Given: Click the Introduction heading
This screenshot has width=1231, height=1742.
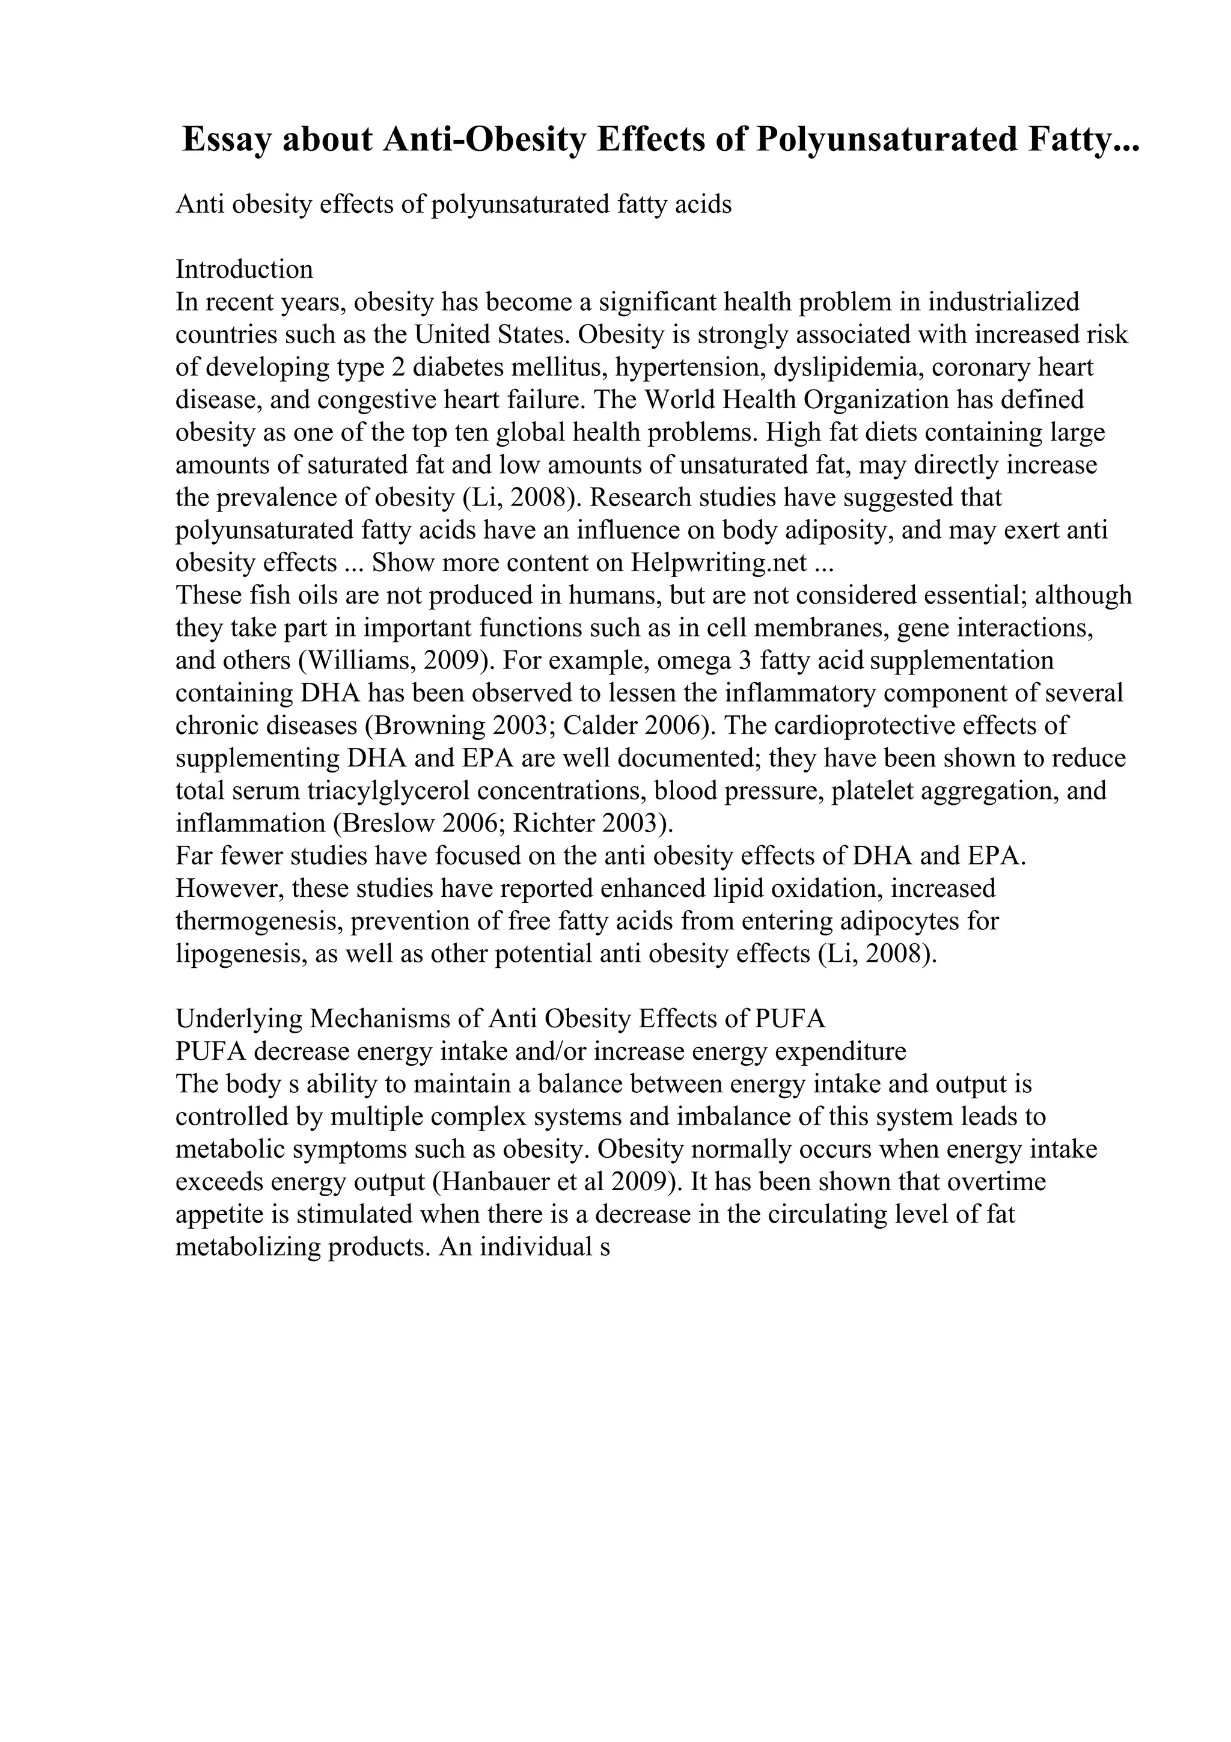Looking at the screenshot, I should pos(244,269).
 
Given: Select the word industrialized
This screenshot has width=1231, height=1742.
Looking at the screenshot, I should pos(1003,302).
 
